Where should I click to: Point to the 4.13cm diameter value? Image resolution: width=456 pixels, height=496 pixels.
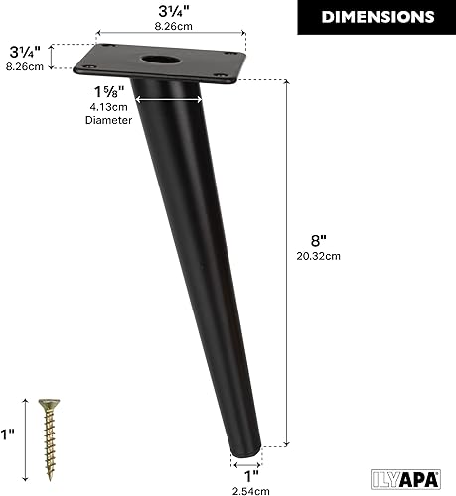pos(101,106)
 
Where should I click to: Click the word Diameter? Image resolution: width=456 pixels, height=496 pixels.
pos(101,119)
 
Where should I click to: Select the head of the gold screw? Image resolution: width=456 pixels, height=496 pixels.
pos(46,404)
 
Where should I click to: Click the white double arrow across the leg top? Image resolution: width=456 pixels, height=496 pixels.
pos(168,98)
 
